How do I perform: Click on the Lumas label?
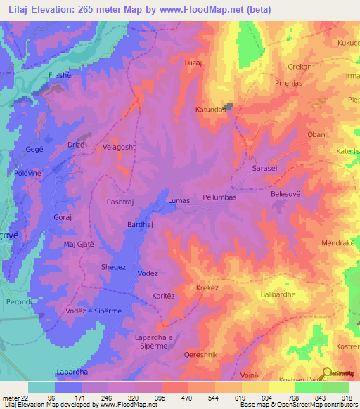(179, 201)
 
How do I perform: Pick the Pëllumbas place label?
(219, 198)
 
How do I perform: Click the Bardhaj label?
(139, 225)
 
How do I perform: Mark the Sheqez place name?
(114, 267)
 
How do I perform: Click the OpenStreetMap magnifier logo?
(328, 373)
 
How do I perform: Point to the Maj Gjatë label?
(79, 244)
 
